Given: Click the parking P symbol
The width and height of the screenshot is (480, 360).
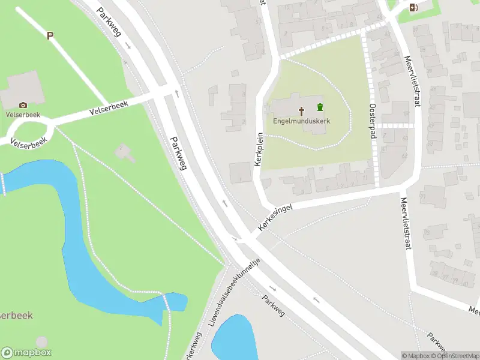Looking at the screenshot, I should (50, 35).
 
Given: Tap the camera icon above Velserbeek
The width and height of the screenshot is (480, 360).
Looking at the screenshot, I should (23, 105).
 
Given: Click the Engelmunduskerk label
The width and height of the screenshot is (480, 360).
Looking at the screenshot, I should (301, 120).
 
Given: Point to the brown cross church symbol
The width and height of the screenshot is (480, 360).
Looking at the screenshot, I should (302, 110).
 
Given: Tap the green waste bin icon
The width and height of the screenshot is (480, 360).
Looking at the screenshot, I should (320, 107).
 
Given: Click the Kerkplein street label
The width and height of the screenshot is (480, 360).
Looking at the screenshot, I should (260, 151).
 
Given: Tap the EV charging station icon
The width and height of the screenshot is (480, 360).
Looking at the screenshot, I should (413, 7).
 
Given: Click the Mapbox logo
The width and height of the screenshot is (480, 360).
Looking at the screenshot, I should (26, 353).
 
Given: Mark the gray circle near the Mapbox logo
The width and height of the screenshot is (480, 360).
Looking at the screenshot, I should (41, 342).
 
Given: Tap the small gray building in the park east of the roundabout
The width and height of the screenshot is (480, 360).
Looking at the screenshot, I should (125, 152).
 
